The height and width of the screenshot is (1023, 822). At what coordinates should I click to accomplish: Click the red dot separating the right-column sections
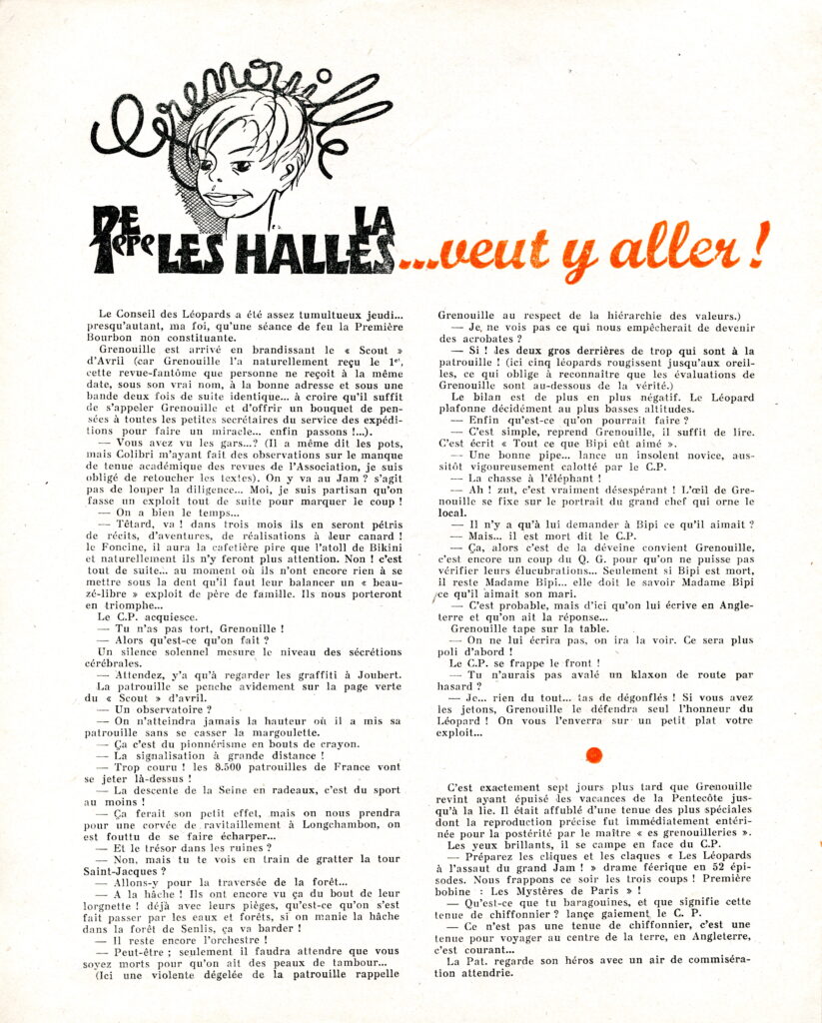(x=593, y=754)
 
